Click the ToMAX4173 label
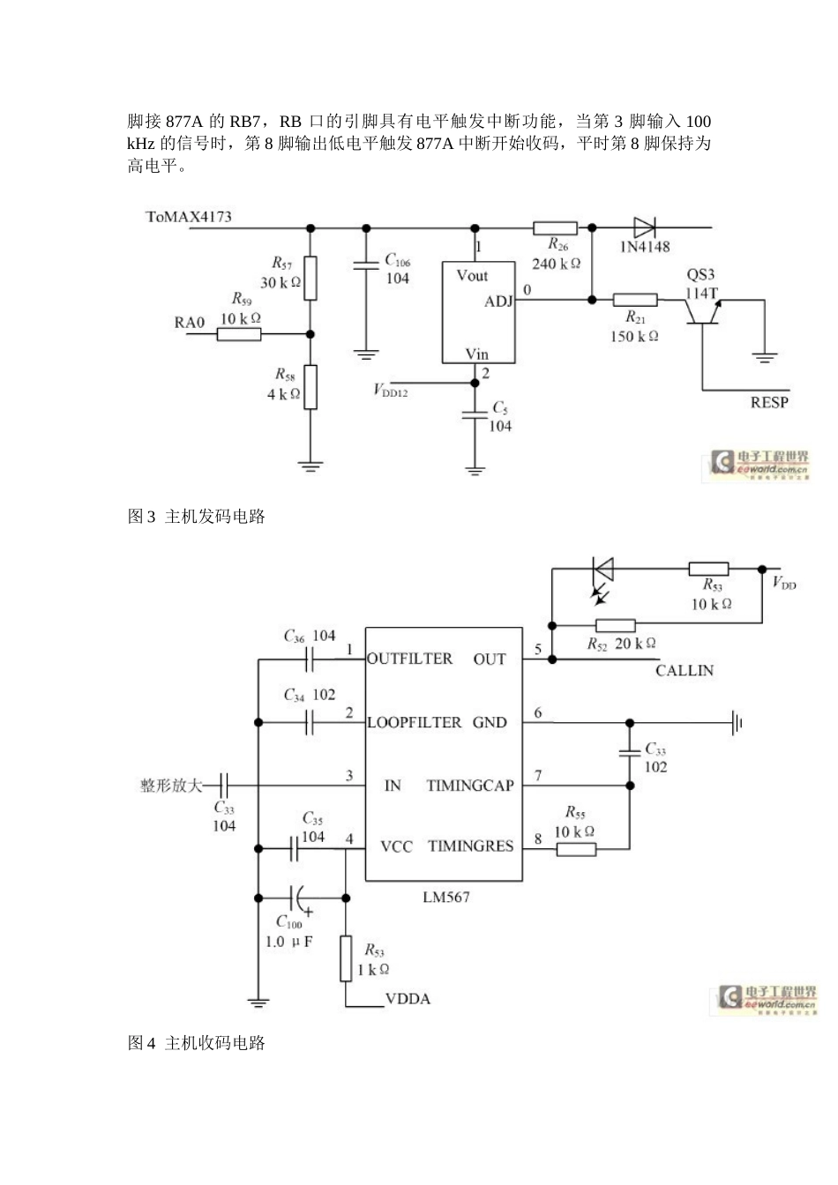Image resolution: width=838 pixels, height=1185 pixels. (188, 216)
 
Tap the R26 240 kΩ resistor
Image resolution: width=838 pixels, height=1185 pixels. (556, 228)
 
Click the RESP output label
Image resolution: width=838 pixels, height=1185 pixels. (768, 402)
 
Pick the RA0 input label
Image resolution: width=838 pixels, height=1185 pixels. (189, 323)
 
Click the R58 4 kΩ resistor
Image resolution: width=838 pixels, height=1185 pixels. (310, 386)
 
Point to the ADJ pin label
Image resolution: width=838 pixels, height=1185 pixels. (498, 302)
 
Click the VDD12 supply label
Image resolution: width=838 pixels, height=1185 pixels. (390, 390)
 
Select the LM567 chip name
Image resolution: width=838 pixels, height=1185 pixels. (445, 897)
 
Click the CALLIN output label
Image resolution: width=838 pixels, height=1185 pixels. (685, 670)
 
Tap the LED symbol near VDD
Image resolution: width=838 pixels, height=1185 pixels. (604, 570)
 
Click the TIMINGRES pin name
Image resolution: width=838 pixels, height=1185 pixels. (470, 846)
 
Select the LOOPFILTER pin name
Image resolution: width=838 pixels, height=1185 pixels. (414, 723)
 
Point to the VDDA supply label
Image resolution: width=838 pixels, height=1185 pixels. (408, 999)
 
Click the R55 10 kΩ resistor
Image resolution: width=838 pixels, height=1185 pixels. (575, 849)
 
